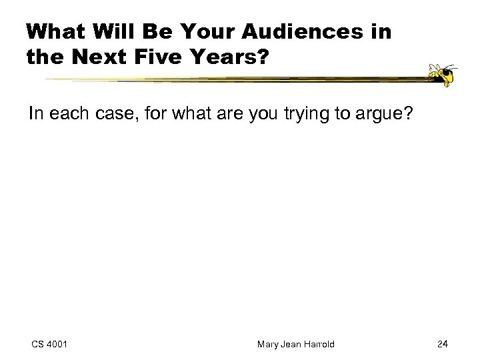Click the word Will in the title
112,32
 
